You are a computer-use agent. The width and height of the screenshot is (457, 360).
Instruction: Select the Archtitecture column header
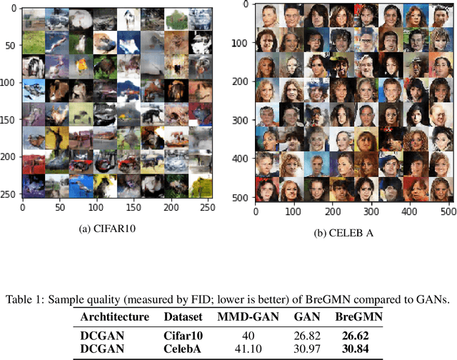[x=114, y=316]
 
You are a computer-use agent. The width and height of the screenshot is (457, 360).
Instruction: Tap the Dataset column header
[x=185, y=316]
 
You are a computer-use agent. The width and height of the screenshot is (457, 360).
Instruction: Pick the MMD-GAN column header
[x=246, y=316]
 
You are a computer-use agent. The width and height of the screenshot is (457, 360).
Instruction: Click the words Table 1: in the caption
[x=26, y=300]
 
